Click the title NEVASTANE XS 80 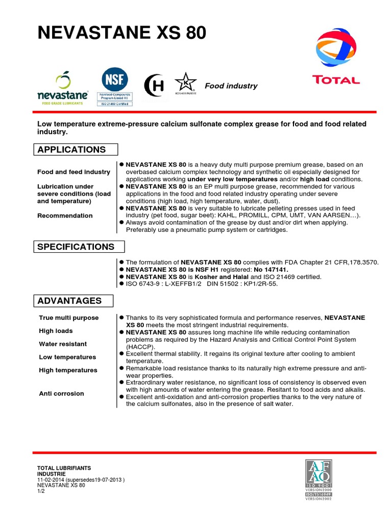coord(122,33)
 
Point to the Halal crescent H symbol coord(155,85)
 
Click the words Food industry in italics coord(231,86)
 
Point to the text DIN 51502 coord(227,284)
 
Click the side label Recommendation coord(65,216)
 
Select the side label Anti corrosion coord(61,394)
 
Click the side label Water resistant coord(63,344)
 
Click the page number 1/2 coord(41,491)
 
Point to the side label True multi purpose coord(69,318)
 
